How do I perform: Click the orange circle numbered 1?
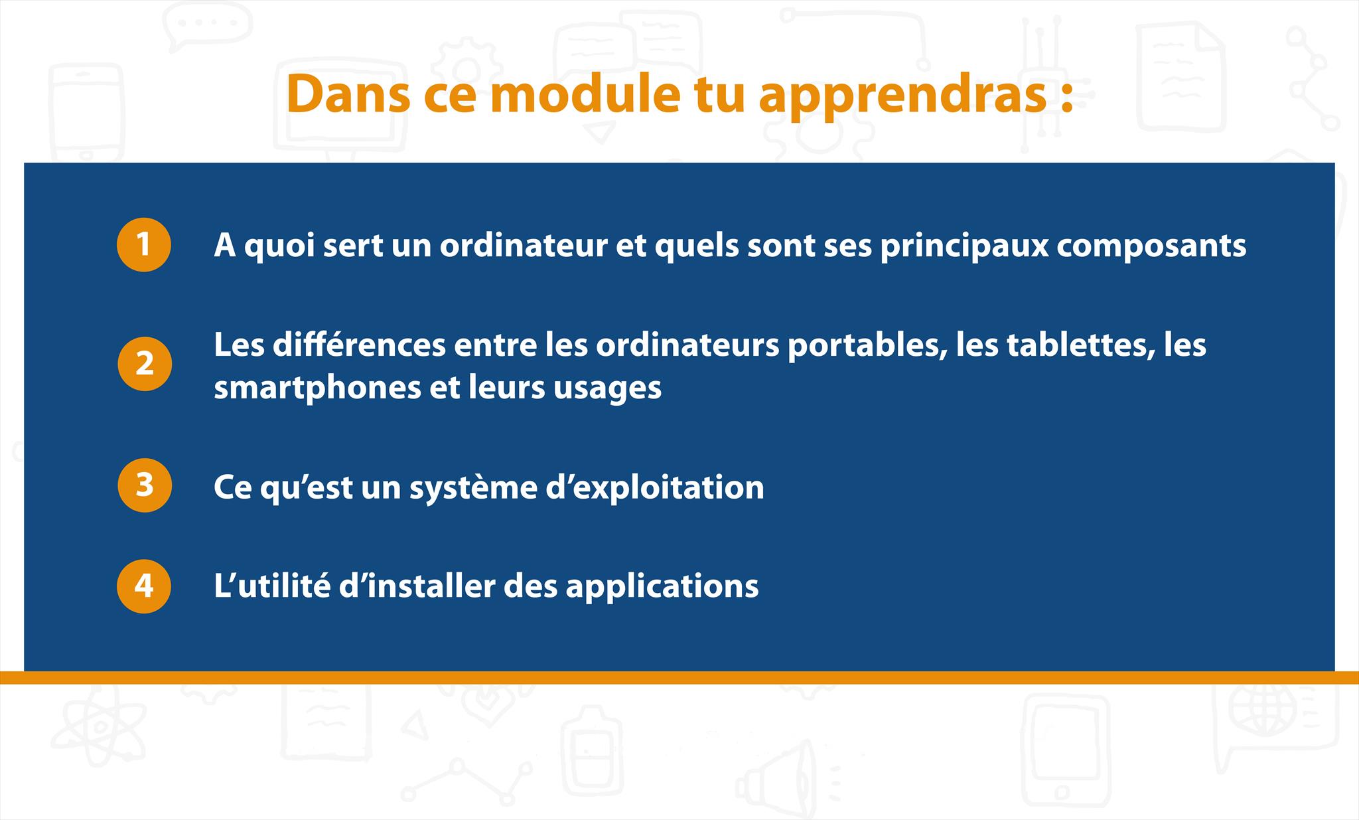[x=144, y=244]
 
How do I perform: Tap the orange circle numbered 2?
[x=145, y=364]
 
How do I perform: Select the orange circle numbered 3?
[x=145, y=485]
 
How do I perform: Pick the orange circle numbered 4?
[x=144, y=586]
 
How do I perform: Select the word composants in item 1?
[x=1151, y=246]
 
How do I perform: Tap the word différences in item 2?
[x=359, y=345]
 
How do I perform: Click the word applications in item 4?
[x=662, y=586]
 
